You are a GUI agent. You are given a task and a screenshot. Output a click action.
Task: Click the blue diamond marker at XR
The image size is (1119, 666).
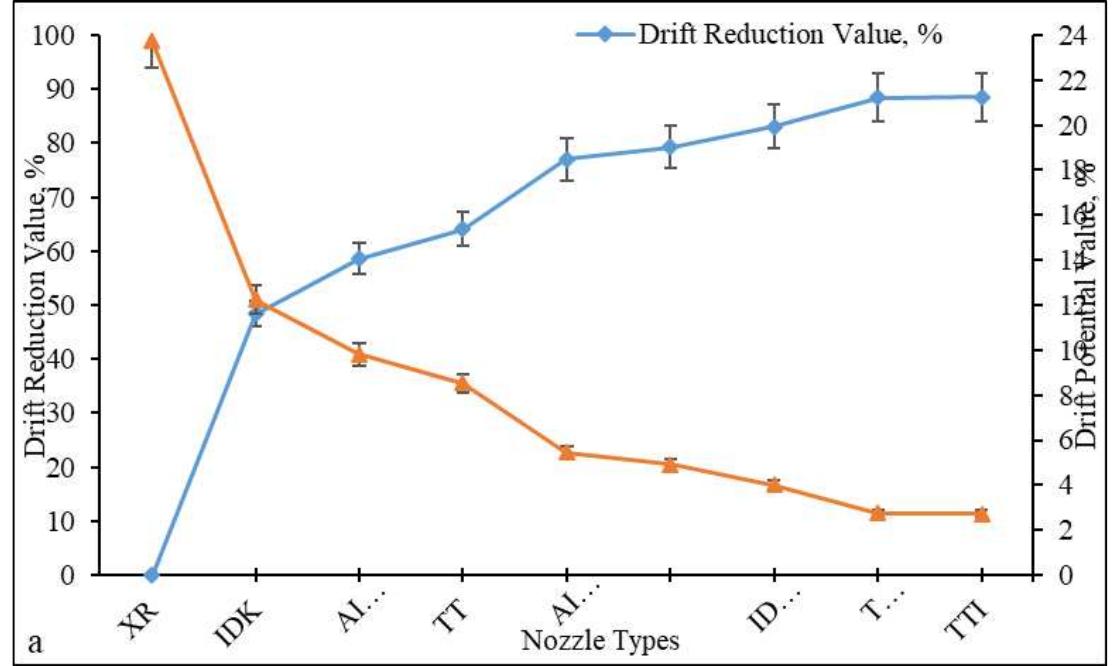152,575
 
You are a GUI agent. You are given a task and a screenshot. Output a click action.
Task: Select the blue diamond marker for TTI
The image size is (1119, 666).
981,97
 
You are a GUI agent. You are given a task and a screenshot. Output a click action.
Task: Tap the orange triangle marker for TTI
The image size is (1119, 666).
981,514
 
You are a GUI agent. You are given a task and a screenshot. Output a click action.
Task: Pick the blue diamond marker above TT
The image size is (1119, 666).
462,229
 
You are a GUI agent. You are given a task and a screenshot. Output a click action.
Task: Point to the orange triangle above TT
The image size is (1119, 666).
462,382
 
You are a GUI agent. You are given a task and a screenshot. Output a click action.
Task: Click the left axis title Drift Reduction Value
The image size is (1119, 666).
36,305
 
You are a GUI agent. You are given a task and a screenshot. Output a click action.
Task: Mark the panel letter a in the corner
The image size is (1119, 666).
37,642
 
